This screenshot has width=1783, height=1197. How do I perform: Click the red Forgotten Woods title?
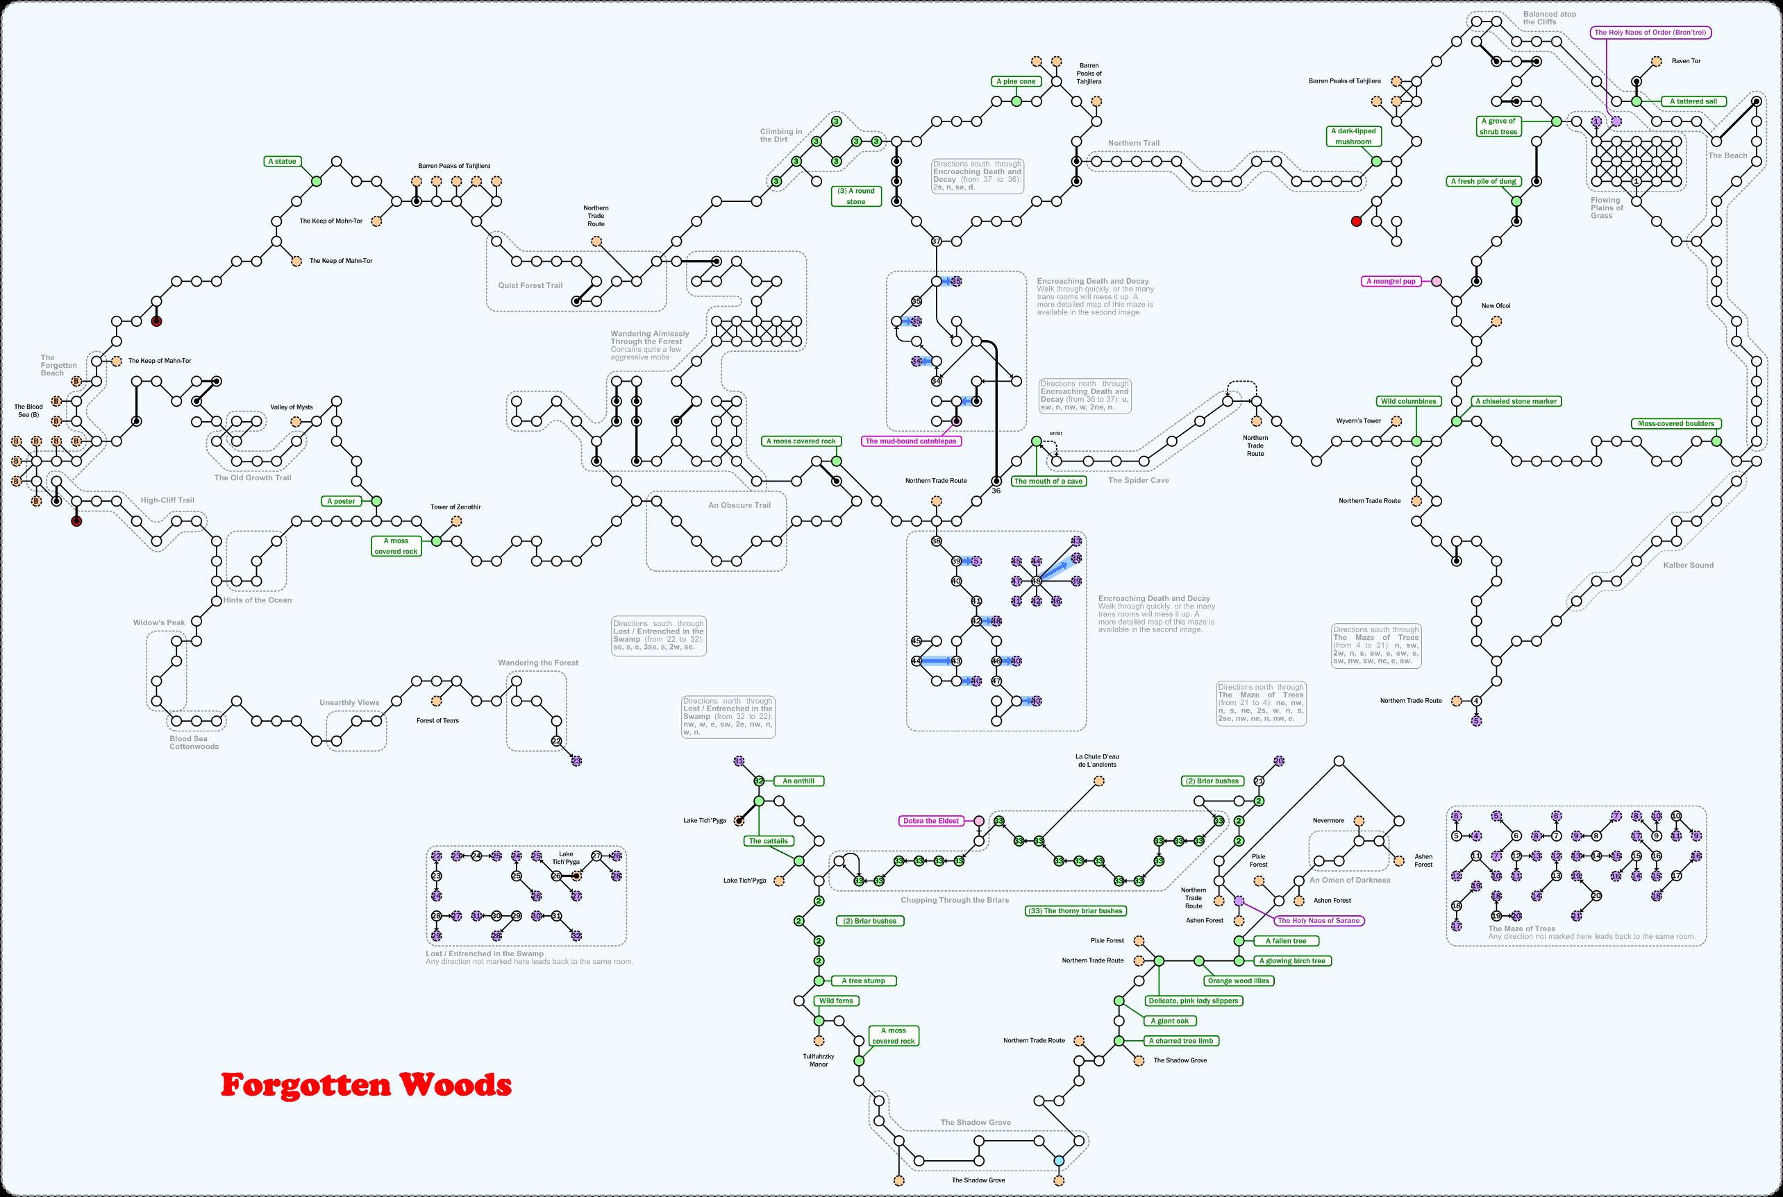tap(366, 1085)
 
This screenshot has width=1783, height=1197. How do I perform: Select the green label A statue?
tap(282, 161)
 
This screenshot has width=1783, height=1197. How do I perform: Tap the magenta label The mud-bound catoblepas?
tap(910, 441)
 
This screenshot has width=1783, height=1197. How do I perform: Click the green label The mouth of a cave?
tap(1048, 481)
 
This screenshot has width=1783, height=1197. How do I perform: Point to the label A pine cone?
tap(1016, 81)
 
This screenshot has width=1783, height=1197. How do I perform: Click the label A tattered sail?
tap(1693, 101)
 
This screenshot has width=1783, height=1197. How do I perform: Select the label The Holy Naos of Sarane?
tap(1319, 921)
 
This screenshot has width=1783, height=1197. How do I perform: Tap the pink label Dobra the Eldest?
tap(931, 821)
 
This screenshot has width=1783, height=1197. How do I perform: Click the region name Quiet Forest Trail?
tap(530, 285)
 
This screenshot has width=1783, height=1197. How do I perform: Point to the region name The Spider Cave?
tap(1138, 480)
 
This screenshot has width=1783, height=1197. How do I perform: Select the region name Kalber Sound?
tap(1689, 565)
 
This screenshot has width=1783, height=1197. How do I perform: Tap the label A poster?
tap(341, 501)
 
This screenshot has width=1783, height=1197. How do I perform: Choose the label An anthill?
tap(798, 781)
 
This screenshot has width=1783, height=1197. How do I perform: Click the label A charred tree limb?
tap(1180, 1040)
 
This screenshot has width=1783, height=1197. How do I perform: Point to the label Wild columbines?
tap(1408, 401)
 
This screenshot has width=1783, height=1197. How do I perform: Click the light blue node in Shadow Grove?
tap(1058, 1160)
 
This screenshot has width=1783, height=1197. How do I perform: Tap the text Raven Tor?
tap(1685, 61)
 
